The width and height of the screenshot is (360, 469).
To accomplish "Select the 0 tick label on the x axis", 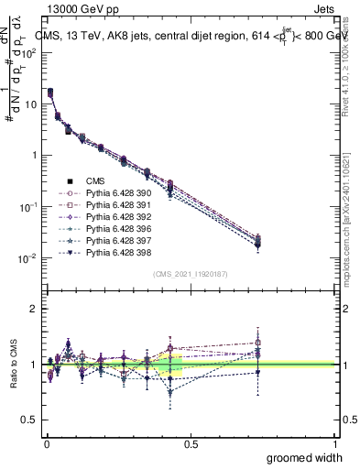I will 46,442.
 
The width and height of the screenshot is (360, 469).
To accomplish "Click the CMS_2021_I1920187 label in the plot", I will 191,275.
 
